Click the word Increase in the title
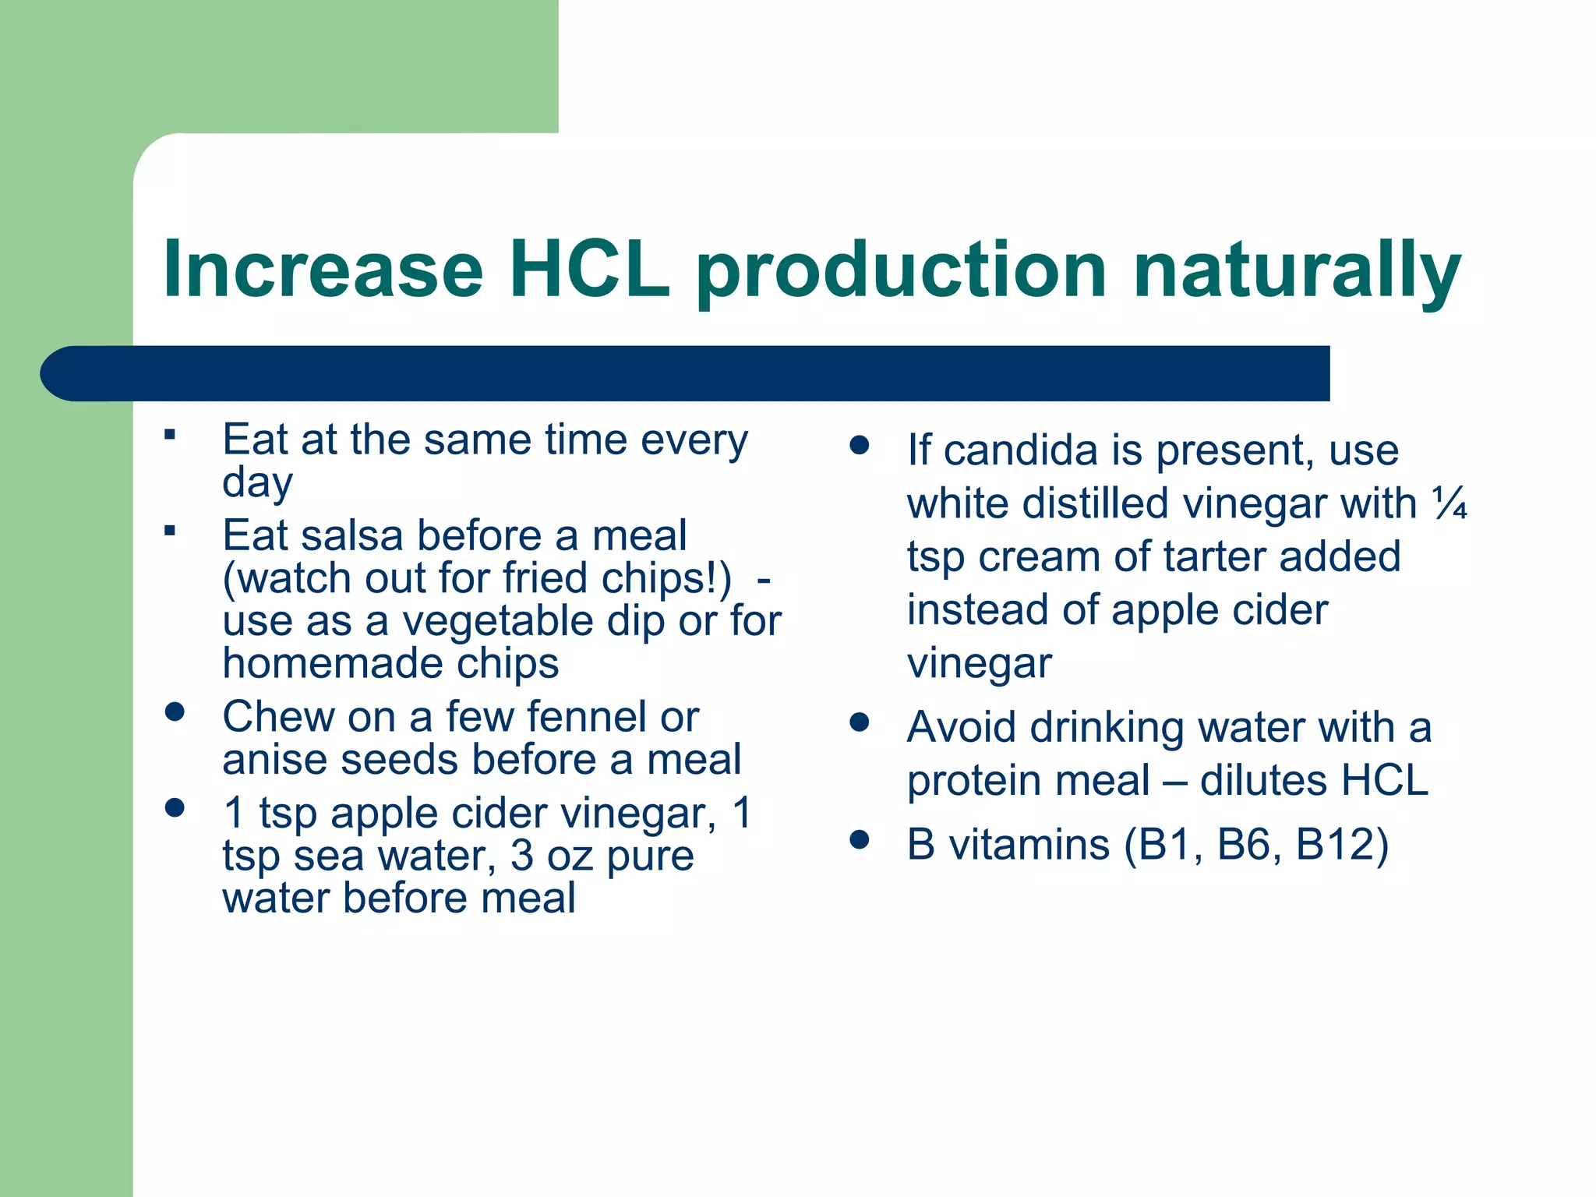coord(323,270)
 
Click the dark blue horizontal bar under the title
coord(686,373)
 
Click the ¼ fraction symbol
coord(1449,503)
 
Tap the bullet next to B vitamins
coord(859,839)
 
